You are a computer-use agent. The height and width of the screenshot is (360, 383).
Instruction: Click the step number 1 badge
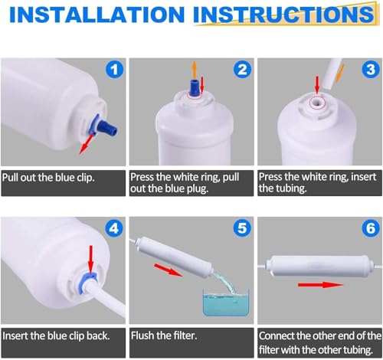tap(114, 69)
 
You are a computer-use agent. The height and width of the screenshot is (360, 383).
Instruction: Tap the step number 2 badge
tap(243, 69)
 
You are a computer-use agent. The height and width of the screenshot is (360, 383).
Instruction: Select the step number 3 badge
tap(371, 69)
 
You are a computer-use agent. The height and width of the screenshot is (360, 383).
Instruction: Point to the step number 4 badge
tap(114, 228)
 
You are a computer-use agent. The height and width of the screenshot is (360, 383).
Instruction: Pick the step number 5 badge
tap(243, 228)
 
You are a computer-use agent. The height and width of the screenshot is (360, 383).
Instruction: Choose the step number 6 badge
tap(371, 228)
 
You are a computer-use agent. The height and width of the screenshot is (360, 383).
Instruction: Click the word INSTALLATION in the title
tap(97, 14)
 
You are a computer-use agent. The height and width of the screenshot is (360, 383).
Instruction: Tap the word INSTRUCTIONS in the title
tap(283, 14)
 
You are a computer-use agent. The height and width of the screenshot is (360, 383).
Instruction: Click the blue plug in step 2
tap(194, 88)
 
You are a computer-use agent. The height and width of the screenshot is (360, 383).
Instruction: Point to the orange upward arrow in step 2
tap(195, 70)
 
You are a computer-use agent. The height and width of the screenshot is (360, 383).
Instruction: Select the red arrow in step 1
tap(87, 144)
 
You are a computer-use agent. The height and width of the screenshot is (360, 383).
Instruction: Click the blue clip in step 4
tap(89, 277)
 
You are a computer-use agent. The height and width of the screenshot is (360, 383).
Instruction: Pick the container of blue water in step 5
tap(226, 303)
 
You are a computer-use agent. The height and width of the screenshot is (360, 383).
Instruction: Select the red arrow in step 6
tap(320, 284)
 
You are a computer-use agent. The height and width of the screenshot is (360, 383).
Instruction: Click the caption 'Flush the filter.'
tap(164, 335)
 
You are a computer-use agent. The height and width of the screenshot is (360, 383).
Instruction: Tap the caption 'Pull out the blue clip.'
tap(48, 178)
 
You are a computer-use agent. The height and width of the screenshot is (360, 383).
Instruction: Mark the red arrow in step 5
tap(169, 270)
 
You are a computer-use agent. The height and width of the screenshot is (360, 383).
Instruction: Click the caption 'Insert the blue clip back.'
tap(56, 335)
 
